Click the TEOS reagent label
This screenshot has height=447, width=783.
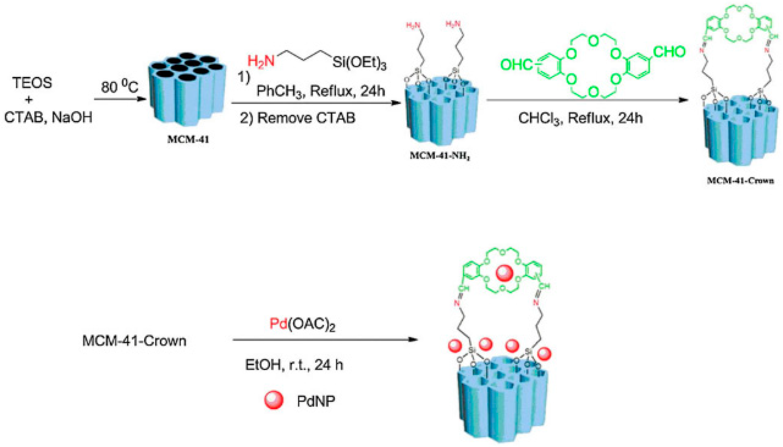[32, 83]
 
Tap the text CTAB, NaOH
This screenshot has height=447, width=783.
[48, 117]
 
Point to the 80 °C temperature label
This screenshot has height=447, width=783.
[120, 87]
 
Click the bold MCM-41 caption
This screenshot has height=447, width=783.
[188, 139]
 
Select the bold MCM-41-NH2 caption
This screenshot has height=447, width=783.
[440, 156]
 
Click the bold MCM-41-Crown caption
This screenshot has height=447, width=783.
[740, 181]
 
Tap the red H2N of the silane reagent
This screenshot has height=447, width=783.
[261, 61]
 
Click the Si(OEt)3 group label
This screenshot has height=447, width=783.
[359, 62]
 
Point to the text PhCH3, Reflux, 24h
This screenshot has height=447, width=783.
[321, 91]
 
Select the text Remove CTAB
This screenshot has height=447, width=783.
[306, 118]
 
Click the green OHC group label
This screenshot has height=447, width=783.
[516, 65]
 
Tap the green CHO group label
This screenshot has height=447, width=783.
[669, 52]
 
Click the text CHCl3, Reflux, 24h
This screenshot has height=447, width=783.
[580, 118]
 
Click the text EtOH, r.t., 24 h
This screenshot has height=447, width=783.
[294, 365]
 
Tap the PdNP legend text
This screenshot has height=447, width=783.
[316, 401]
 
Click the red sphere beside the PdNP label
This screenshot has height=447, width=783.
[274, 400]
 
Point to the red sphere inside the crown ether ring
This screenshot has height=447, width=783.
[504, 273]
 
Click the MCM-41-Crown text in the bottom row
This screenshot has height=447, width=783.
[134, 341]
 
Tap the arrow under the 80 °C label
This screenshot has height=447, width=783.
[120, 99]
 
